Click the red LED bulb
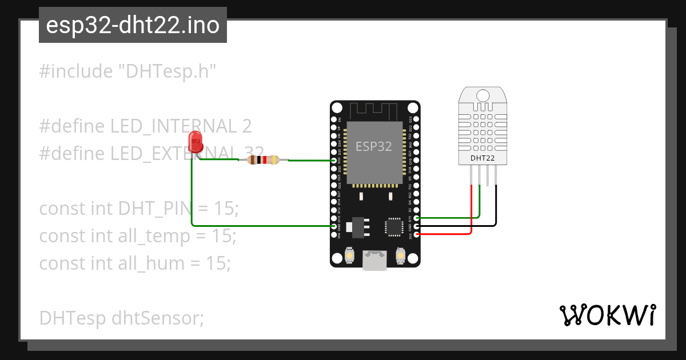click(x=195, y=139)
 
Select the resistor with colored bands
click(x=262, y=161)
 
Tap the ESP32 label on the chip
click(x=374, y=146)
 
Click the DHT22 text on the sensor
click(x=482, y=158)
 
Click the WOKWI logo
click(x=607, y=315)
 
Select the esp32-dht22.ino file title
click(x=133, y=25)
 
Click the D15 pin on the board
click(x=416, y=218)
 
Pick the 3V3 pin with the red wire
click(x=416, y=234)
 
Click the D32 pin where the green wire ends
click(x=334, y=161)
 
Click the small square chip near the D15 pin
click(x=394, y=227)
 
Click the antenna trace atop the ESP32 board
click(x=374, y=109)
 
